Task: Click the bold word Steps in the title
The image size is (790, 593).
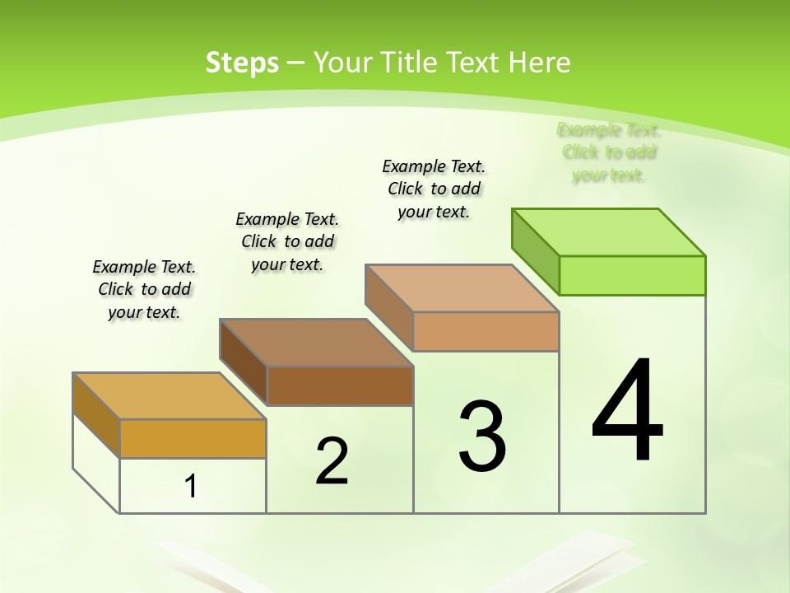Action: point(242,63)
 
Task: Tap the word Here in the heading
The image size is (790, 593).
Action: point(539,63)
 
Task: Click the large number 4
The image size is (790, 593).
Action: point(628,412)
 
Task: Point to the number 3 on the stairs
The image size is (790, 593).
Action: point(482,437)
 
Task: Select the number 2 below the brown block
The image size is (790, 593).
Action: point(332,461)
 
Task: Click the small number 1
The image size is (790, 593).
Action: point(191,486)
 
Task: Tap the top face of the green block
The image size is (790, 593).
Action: point(609,231)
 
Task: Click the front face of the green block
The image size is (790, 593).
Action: point(632,275)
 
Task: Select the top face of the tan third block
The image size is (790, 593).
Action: point(462,288)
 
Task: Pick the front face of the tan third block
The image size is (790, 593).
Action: point(486,331)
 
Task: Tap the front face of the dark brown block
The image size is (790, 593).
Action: point(340,385)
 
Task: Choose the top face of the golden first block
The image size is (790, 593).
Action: point(170,396)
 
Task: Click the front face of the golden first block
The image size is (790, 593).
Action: point(193,438)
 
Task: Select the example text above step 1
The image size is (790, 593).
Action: point(144,289)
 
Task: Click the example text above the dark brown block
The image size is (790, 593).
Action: point(287,241)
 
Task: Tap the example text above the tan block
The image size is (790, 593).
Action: point(434,189)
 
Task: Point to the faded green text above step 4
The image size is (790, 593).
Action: point(609,152)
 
